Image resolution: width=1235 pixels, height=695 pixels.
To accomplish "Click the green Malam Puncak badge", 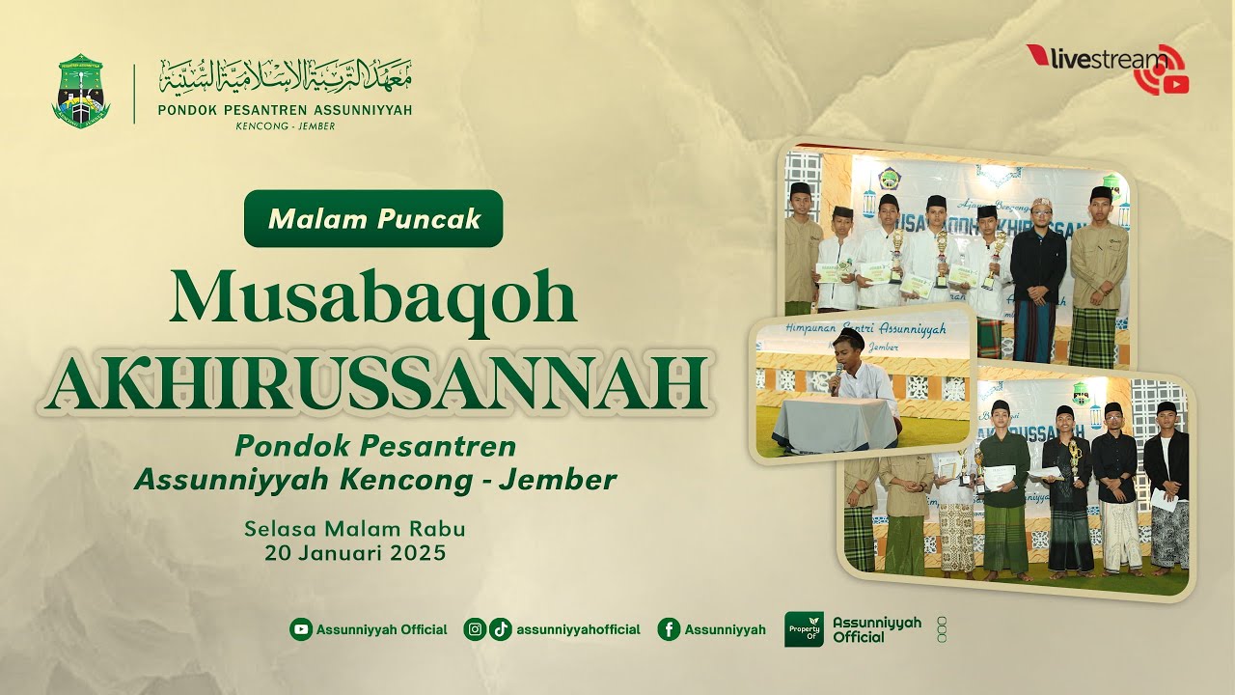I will (373, 218).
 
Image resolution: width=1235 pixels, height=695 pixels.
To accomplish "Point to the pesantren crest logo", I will (81, 92).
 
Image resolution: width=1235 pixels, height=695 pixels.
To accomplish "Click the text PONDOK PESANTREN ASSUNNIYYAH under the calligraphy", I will (285, 110).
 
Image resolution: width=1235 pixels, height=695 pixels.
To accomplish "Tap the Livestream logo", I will (1108, 66).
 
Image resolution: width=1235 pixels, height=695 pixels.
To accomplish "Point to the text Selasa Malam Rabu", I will (355, 529).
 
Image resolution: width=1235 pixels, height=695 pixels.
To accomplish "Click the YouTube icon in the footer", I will (301, 629).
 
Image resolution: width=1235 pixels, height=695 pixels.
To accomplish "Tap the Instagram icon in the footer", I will (475, 629).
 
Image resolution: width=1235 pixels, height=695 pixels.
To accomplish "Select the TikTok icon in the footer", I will (500, 629).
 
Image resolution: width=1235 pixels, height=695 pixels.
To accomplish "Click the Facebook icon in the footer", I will (669, 629).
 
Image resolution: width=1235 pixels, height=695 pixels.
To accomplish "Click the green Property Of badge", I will (804, 629).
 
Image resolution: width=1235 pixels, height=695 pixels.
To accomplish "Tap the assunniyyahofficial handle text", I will (578, 629).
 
